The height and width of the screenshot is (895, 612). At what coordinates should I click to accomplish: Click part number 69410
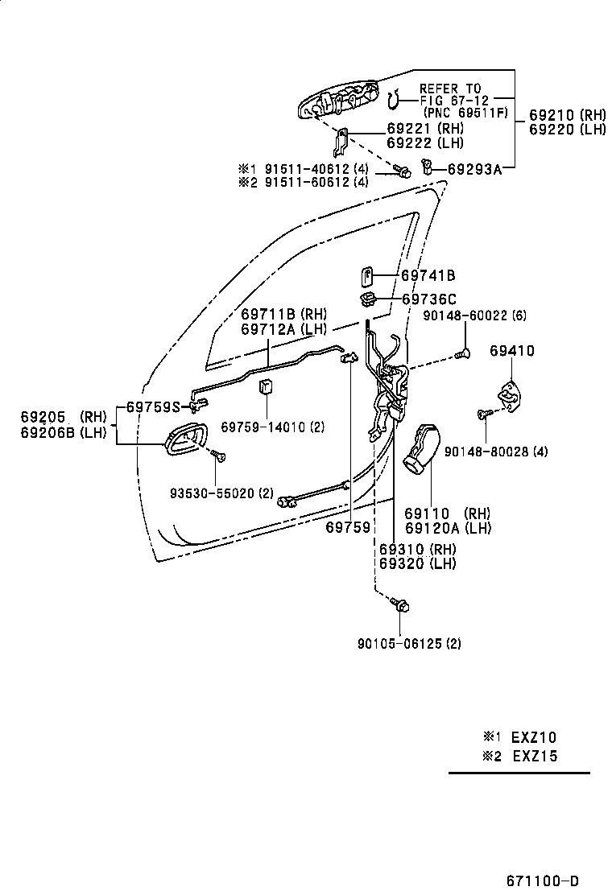512,351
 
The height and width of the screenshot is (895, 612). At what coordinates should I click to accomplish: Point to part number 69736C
428,299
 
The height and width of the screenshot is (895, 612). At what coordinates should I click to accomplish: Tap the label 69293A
474,169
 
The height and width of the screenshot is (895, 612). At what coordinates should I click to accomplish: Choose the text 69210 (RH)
567,114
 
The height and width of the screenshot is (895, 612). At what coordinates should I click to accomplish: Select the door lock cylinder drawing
421,452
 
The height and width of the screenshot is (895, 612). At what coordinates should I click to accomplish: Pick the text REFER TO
449,89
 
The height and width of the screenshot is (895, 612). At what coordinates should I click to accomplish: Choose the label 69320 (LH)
417,563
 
